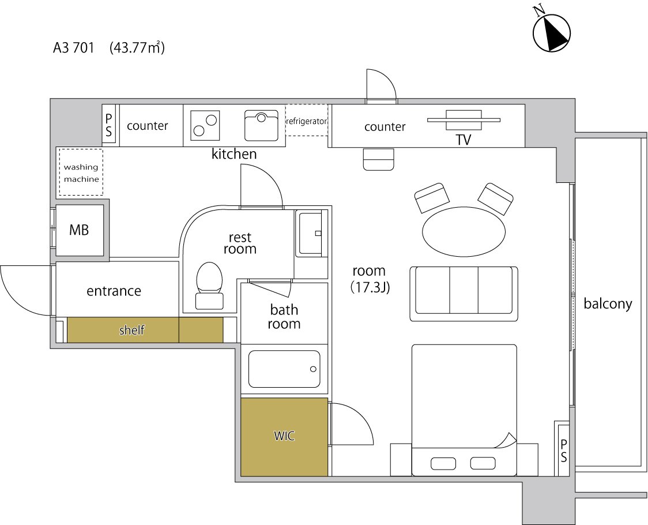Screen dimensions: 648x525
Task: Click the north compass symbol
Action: click(x=552, y=33)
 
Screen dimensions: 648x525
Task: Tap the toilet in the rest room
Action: click(x=209, y=286)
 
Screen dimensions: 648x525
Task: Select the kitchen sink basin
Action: click(x=261, y=125)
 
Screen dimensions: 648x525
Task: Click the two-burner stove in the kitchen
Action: click(x=205, y=125)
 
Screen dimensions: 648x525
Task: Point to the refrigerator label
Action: click(x=307, y=121)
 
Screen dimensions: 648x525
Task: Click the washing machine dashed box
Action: click(x=81, y=172)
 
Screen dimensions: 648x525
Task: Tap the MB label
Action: click(x=79, y=230)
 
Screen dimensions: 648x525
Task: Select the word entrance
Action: click(x=114, y=291)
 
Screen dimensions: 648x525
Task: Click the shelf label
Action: click(x=132, y=330)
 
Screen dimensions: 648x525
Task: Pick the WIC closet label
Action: click(x=284, y=436)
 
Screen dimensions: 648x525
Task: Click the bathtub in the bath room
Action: click(x=284, y=369)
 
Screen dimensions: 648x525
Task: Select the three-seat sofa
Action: click(x=464, y=294)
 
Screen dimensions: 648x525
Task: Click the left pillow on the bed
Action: click(x=443, y=464)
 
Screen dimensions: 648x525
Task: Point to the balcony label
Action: click(x=608, y=304)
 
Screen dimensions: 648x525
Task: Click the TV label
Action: click(x=464, y=140)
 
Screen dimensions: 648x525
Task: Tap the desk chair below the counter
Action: click(x=379, y=159)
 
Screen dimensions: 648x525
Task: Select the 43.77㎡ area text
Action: click(x=137, y=47)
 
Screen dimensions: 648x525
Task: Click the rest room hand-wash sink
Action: click(x=311, y=233)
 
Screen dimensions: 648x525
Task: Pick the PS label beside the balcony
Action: click(x=564, y=451)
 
